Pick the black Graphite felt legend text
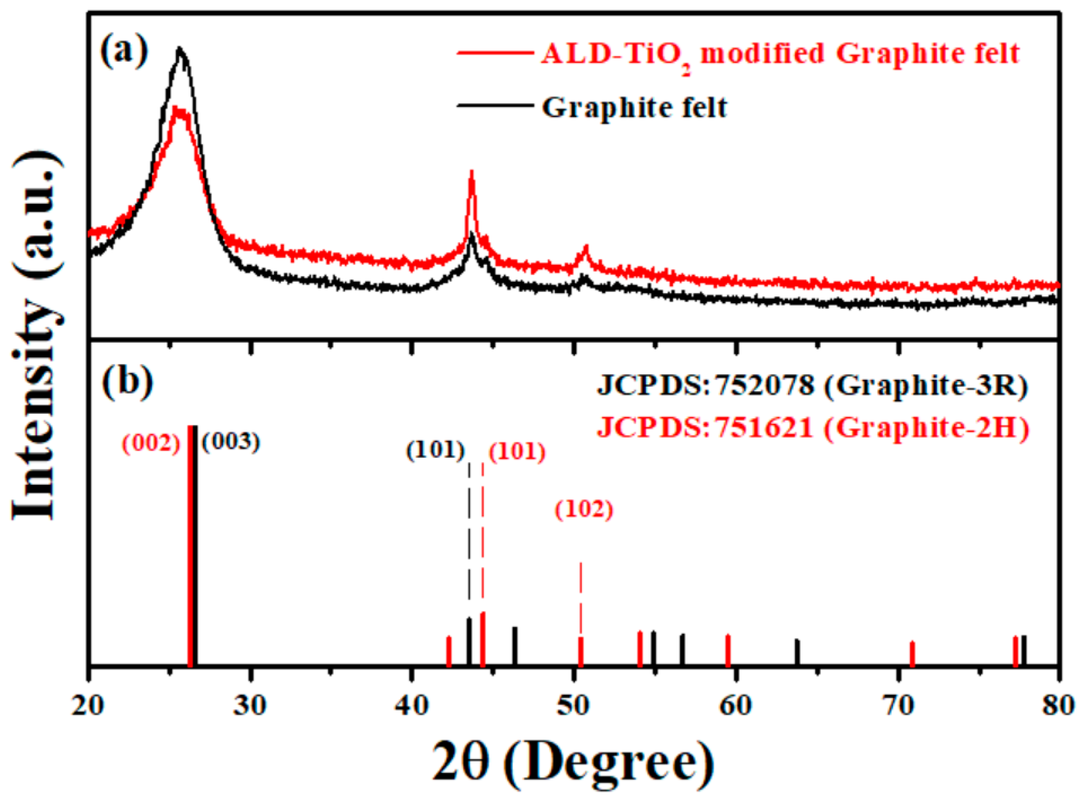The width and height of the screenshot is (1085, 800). click(634, 108)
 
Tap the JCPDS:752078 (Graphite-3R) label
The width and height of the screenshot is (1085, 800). click(812, 387)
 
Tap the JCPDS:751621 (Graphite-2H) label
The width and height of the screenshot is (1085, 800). click(812, 428)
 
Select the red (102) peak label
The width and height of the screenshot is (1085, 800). click(584, 510)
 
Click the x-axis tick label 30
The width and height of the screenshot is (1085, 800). click(250, 706)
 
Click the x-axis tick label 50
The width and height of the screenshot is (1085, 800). click(574, 706)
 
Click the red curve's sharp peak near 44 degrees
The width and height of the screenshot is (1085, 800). click(471, 172)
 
